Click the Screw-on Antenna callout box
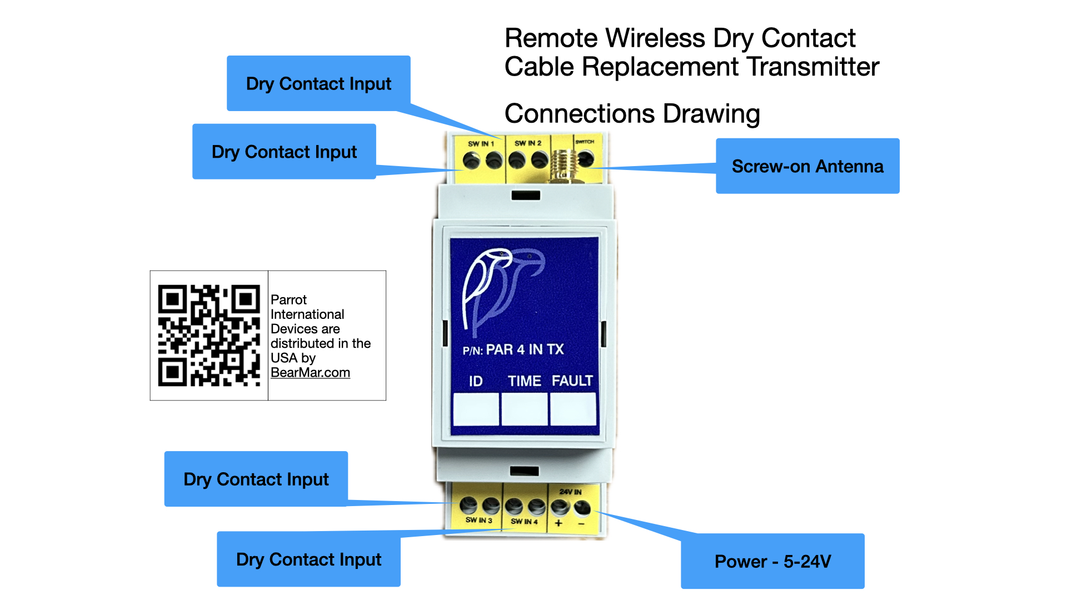[807, 166]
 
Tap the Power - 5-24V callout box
[772, 561]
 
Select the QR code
[209, 336]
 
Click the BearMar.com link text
[310, 373]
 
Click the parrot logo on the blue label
[500, 289]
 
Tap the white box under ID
[476, 409]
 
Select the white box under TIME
[524, 409]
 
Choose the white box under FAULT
[572, 409]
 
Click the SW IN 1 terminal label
[481, 144]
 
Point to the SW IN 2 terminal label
[527, 143]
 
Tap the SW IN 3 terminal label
[478, 521]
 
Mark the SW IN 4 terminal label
[524, 522]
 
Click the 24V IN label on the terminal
[570, 492]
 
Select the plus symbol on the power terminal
[559, 523]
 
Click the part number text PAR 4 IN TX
[525, 349]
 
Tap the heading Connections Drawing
[632, 114]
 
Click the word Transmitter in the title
[813, 67]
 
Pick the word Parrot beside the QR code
[288, 300]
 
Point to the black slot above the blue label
[526, 196]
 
